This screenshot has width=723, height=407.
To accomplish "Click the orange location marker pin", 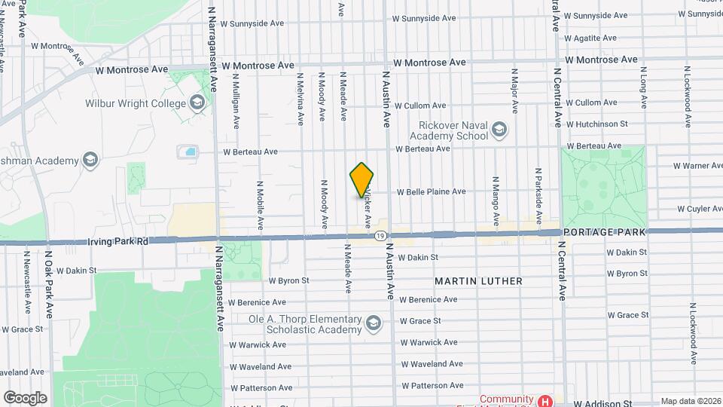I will point(362,180).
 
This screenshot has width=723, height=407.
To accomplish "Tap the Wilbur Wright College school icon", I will point(197,103).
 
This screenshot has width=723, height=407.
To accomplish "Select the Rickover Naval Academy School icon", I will point(499,131).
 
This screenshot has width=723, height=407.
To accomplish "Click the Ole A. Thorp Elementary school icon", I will point(372,324).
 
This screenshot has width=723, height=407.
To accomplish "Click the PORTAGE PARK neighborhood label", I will point(603,232).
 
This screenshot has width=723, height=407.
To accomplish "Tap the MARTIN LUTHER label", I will point(478,281).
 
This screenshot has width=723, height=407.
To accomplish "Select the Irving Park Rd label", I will point(117,241).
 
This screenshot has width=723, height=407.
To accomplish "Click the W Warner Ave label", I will point(697,165).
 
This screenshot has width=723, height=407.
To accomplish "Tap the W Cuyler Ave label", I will point(698,208).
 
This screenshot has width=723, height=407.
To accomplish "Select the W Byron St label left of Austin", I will point(288,280).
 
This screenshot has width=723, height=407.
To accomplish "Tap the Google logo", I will point(25,397).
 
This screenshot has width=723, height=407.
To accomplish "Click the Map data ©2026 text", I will point(689,401).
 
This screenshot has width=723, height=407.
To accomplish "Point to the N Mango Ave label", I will point(496,202).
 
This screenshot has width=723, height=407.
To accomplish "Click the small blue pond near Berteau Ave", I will point(187,152).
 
